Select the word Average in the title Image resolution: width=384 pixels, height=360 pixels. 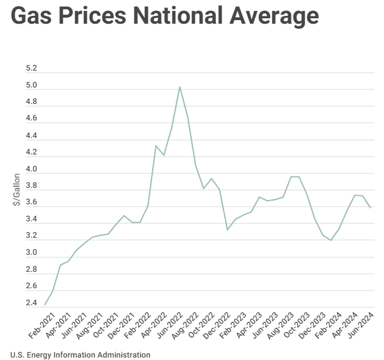coord(279,16)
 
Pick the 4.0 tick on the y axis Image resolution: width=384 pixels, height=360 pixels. coord(32,169)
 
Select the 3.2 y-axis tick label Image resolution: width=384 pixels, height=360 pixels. coord(32,236)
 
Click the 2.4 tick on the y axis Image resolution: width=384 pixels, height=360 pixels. coord(32,302)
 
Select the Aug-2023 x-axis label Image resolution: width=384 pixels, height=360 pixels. coord(281,327)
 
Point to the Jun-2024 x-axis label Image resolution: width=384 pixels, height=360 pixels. coord(361,327)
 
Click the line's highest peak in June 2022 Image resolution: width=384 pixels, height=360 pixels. coord(180,87)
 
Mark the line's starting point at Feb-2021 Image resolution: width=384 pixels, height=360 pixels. coord(45,305)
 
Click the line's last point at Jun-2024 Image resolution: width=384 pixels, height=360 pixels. coord(371,208)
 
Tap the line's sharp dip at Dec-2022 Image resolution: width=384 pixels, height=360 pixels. coord(227,229)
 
